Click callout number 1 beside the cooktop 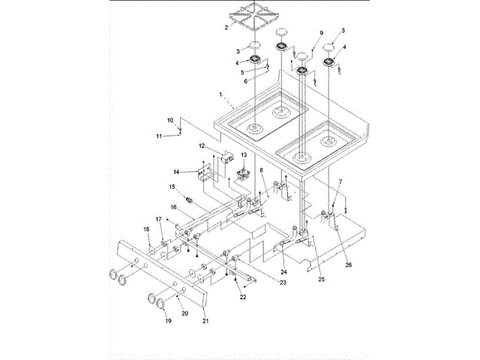pos(220,94)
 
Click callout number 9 pos(321,34)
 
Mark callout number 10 pos(170,120)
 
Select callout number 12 pos(202,145)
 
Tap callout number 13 pos(241,155)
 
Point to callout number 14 pos(177,171)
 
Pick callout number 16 pos(172,206)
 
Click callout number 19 pos(168,320)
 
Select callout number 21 pos(205,320)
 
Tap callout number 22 pos(241,298)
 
